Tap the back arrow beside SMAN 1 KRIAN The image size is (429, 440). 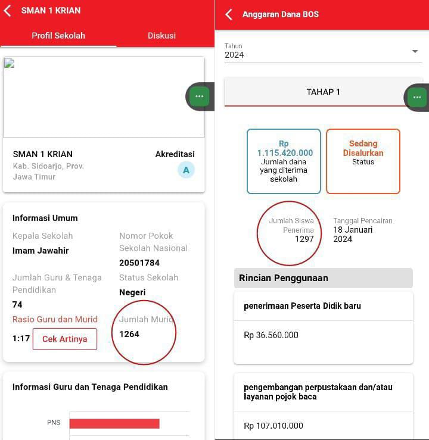7,11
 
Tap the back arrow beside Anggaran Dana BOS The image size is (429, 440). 229,14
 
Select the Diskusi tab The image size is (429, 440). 161,36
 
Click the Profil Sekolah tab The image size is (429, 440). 58,36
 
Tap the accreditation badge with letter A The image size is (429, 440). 186,170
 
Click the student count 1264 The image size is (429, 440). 129,334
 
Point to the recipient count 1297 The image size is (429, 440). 304,239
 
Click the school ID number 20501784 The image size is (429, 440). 139,263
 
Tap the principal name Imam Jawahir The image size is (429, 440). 41,251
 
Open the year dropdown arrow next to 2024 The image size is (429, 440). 415,51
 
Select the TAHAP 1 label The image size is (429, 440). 323,92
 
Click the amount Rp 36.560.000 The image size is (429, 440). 271,335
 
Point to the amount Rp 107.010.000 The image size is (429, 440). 273,426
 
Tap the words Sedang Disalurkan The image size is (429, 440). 363,148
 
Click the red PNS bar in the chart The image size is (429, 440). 114,424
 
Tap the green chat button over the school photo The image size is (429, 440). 200,96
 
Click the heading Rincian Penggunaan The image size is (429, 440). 283,278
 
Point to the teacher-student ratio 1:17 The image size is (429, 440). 21,338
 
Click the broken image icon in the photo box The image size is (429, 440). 9,63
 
